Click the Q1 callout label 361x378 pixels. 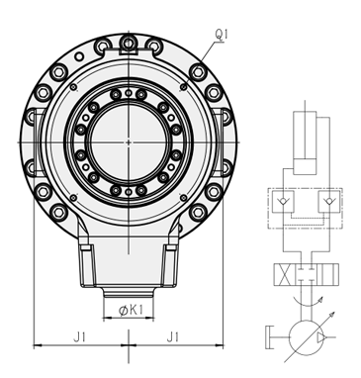[222, 35]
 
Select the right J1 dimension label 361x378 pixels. [172, 337]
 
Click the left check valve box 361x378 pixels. [283, 201]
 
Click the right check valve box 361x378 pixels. [329, 201]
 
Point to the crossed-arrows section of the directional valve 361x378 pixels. [285, 275]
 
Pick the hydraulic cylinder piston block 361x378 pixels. [305, 166]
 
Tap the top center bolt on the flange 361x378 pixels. [129, 43]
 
